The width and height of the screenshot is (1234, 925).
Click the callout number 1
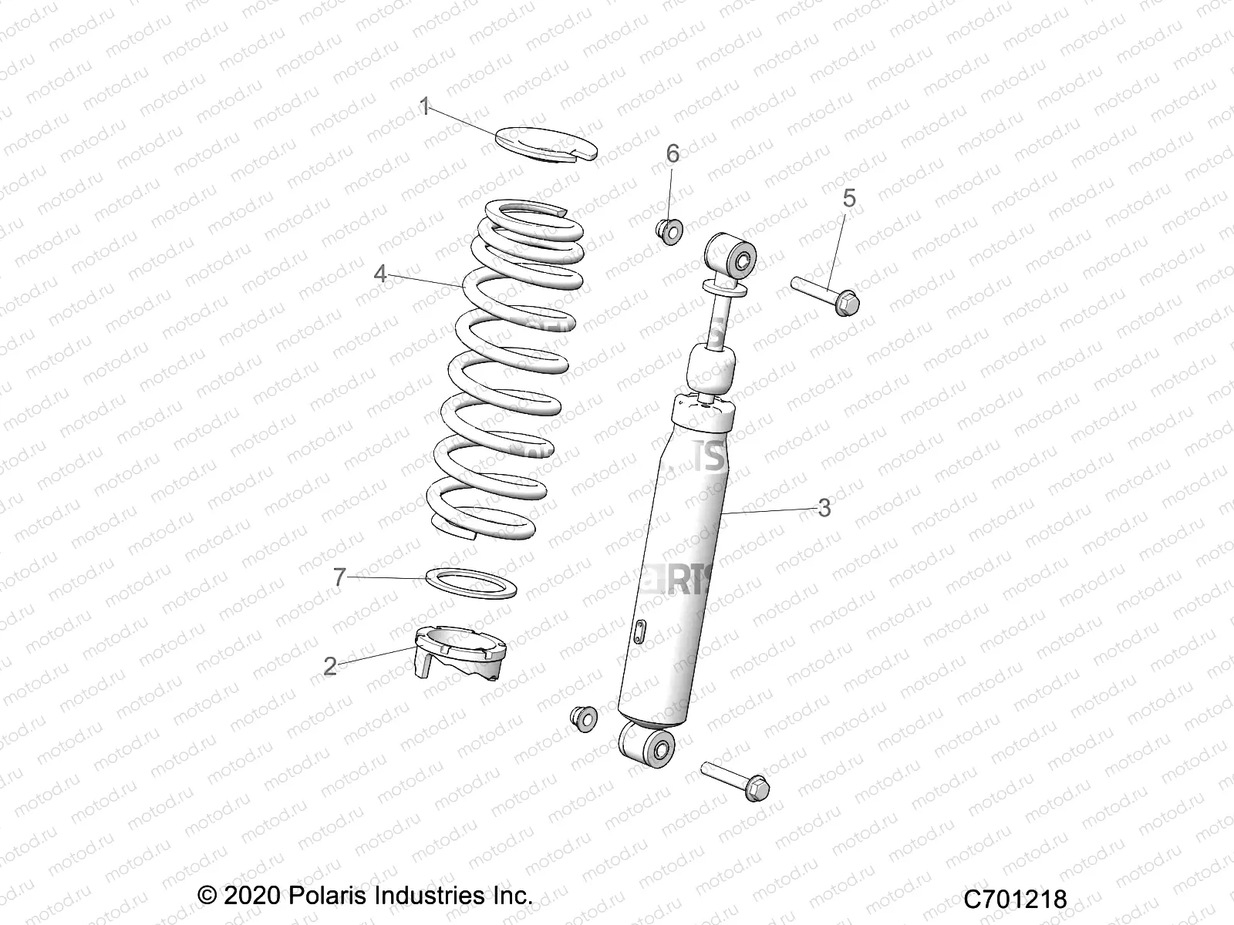[423, 106]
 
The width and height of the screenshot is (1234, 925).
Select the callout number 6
[673, 153]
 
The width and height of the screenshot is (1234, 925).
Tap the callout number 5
[848, 198]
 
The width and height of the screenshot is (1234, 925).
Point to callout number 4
[379, 274]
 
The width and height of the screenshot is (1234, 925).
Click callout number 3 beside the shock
[824, 508]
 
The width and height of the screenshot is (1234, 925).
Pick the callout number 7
[340, 577]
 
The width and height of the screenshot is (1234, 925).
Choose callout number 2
[330, 665]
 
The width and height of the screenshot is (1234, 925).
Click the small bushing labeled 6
[668, 229]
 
